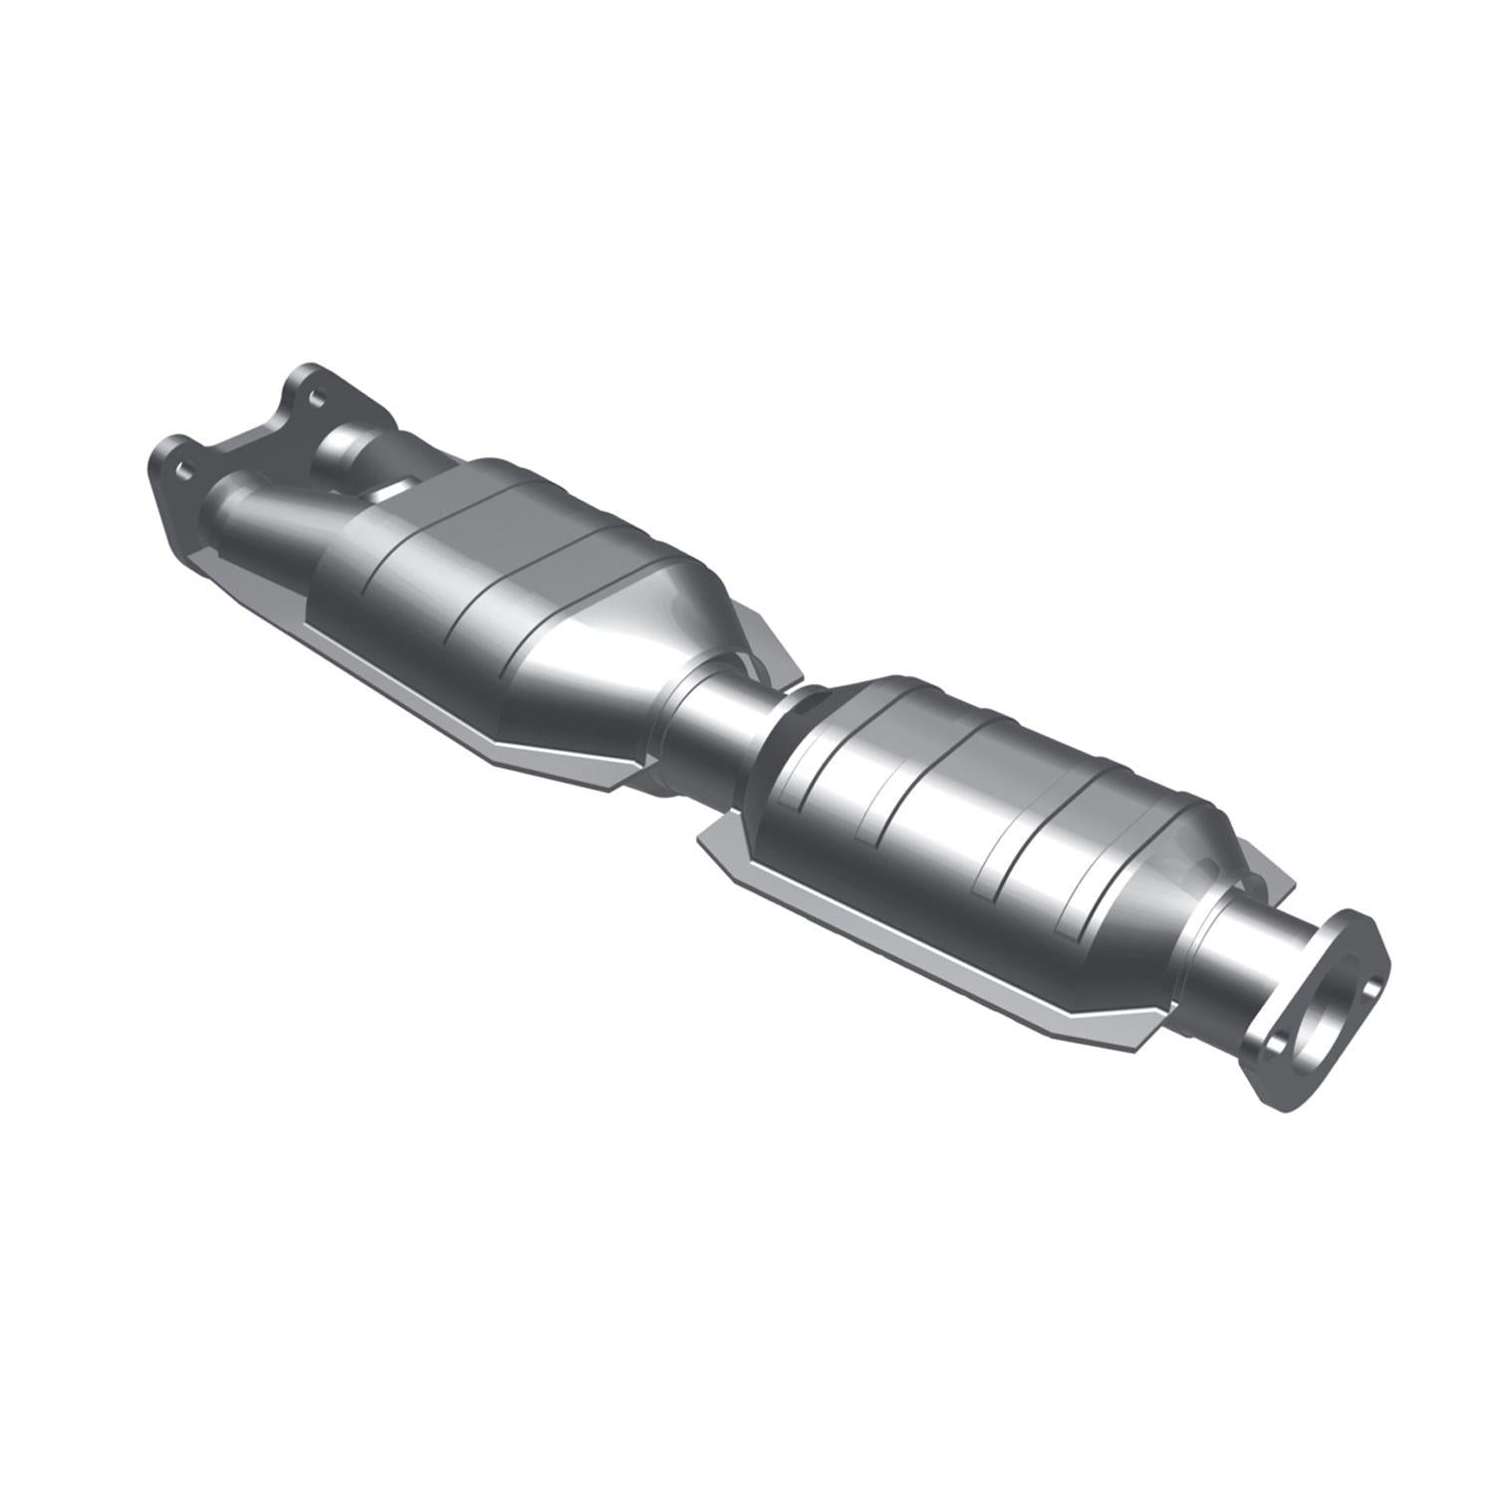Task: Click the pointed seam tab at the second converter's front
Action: [712, 842]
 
